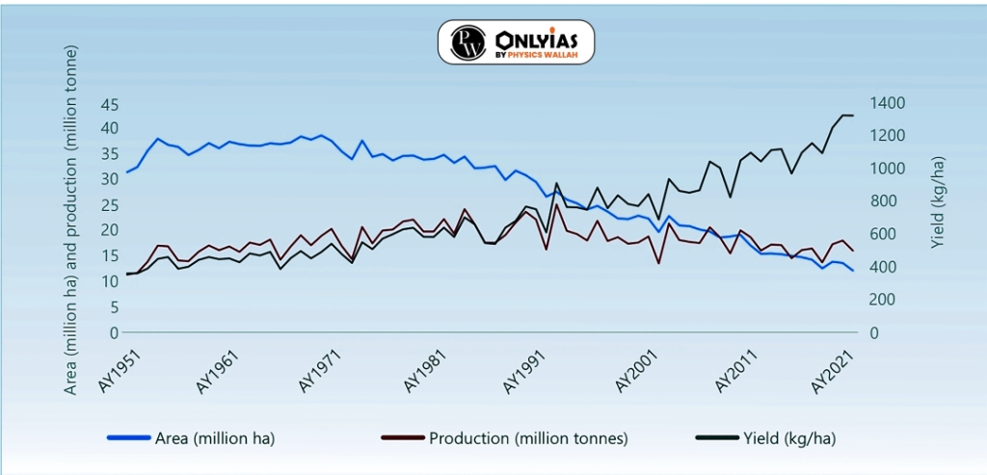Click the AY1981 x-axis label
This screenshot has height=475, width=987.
[427, 368]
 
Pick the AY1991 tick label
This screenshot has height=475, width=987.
[529, 368]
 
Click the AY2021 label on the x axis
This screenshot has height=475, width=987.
[836, 368]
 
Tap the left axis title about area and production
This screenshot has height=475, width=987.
[70, 220]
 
